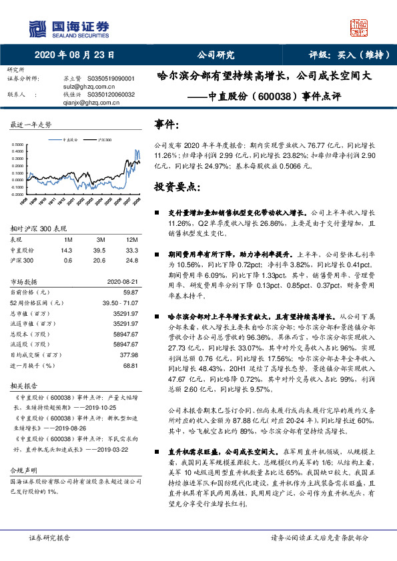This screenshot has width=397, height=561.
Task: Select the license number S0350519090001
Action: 111,78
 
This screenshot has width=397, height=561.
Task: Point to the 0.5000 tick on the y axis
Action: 21,145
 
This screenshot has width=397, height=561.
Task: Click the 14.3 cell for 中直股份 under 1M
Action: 66,249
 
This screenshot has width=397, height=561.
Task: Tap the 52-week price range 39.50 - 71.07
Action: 117,302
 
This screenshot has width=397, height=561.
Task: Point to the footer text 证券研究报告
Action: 49,537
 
